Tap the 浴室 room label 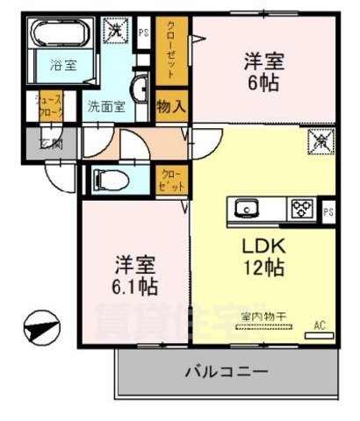coord(61,66)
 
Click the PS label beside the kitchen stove coord(328,211)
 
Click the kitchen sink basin coord(247,209)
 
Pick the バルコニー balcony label coord(226,372)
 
